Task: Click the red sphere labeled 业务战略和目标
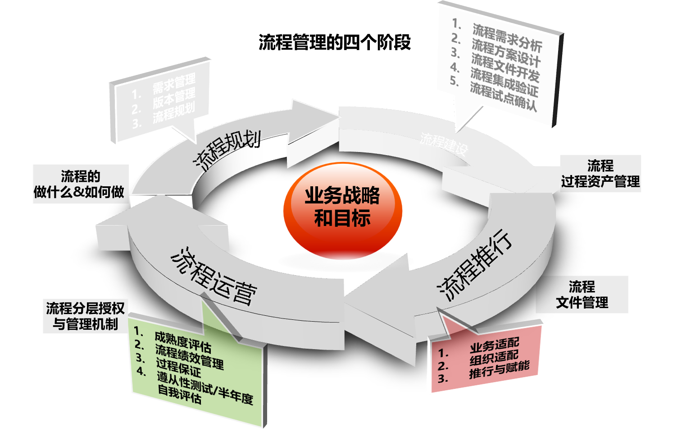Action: click(342, 208)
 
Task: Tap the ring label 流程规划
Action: click(227, 149)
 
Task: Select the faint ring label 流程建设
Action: click(444, 144)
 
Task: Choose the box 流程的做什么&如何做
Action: click(80, 184)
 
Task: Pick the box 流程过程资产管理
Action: click(600, 173)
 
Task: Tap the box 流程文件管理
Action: click(582, 294)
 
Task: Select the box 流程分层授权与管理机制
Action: click(85, 316)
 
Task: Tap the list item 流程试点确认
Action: click(503, 97)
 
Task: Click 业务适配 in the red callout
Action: click(494, 346)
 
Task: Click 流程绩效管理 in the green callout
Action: click(189, 356)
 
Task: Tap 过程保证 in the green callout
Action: click(178, 368)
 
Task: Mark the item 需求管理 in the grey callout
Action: click(174, 83)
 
